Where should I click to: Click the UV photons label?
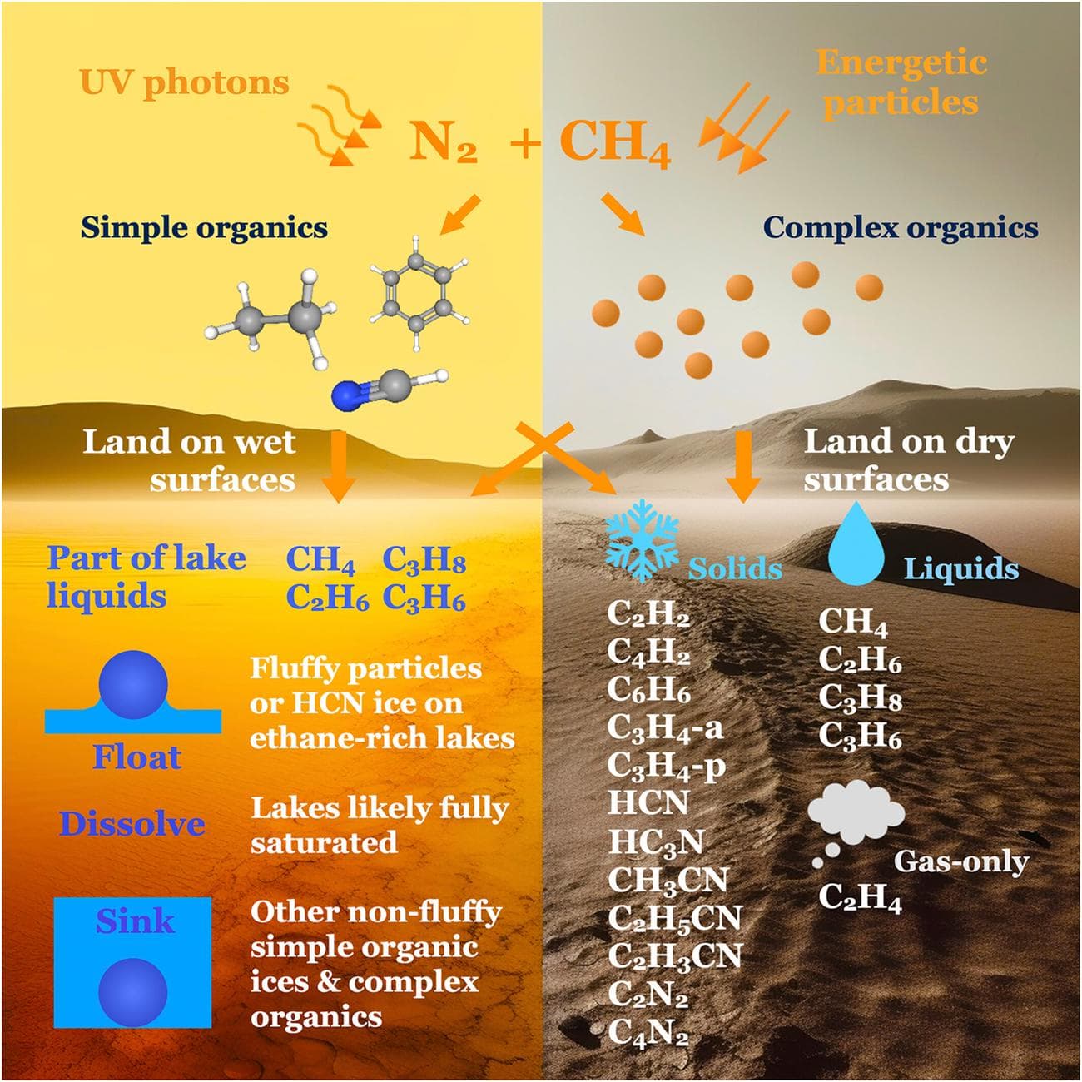(184, 82)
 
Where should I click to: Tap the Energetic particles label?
(901, 82)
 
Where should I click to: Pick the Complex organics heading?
(901, 227)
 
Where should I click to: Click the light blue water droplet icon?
(857, 539)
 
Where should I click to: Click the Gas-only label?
(960, 861)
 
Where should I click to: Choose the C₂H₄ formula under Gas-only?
(860, 898)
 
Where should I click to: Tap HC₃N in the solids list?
(656, 842)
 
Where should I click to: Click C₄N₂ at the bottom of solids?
(648, 1033)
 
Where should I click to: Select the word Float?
(136, 757)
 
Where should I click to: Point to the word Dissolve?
(132, 824)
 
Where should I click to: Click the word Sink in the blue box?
(134, 921)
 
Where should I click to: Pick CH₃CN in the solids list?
(668, 880)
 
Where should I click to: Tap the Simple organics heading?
(204, 227)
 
